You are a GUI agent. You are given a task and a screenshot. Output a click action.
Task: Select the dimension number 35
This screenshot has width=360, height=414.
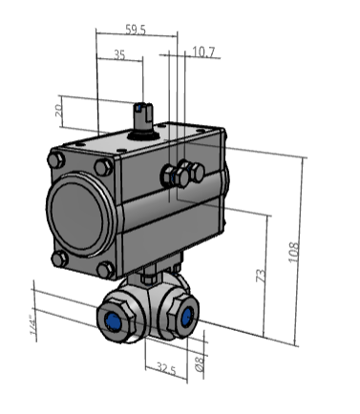120,55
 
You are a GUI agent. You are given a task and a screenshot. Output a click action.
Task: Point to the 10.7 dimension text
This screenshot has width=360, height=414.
203,52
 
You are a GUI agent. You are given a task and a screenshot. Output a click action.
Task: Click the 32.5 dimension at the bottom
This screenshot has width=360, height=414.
166,368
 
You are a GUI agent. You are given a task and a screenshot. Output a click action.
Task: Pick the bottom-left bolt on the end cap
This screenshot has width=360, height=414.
60,259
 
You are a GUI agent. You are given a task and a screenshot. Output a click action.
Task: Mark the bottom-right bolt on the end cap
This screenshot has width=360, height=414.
105,270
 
